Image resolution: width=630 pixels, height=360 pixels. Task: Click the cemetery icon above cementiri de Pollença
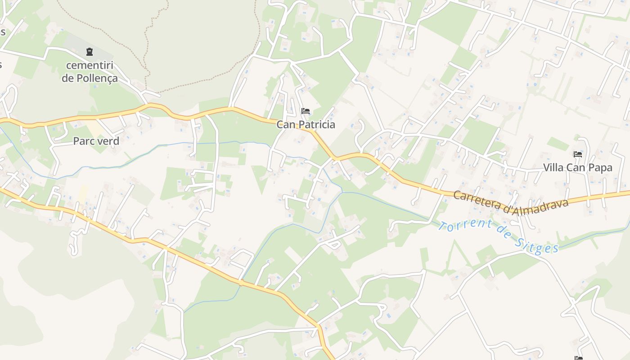pos(90,52)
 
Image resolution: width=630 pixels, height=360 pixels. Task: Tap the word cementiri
pos(90,65)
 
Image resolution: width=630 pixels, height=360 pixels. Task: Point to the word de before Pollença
pos(67,78)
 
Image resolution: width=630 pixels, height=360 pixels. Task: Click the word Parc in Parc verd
pos(84,141)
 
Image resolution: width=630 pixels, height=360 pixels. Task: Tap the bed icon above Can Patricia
pos(306,111)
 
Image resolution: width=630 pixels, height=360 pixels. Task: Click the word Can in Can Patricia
pos(286,125)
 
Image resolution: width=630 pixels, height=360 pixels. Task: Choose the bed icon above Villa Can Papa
pos(578,154)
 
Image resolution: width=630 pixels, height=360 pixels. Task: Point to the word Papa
pos(601,168)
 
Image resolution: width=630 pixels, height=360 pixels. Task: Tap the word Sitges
pos(539,244)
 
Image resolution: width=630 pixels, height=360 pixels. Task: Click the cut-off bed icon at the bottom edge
pos(579,358)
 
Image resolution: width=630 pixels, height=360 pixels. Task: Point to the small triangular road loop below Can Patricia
pos(333,244)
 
